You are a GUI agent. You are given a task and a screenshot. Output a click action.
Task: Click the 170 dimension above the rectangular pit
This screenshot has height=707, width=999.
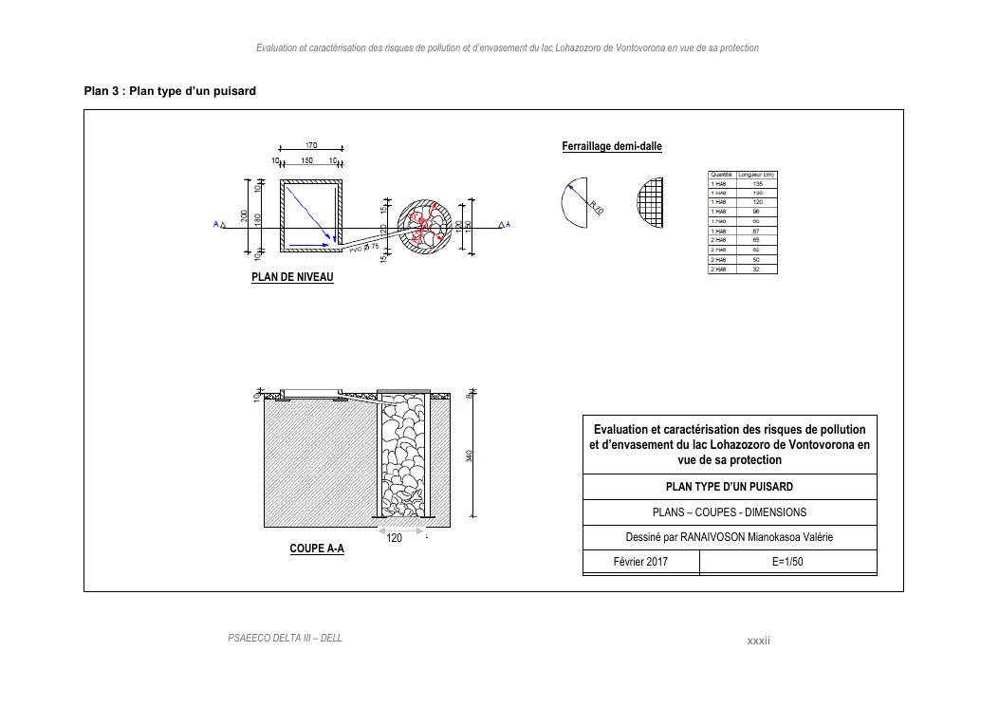coord(311,145)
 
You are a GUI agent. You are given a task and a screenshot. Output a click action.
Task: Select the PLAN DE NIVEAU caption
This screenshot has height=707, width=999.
coord(292,278)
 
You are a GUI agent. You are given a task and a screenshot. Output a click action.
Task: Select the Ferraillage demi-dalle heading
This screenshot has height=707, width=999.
coord(612,146)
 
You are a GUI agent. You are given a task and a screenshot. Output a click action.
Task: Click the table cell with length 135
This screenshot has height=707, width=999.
coord(757,184)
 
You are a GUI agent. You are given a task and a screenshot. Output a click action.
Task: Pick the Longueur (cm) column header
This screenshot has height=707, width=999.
coord(757,175)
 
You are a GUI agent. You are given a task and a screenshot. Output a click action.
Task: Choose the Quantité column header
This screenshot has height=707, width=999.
coord(721,175)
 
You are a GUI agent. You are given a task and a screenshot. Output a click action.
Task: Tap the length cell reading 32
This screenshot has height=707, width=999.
coord(757,270)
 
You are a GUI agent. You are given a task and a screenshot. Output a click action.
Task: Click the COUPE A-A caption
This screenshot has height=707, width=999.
coord(317,549)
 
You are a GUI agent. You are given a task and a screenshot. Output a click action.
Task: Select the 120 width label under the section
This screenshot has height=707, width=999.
coord(395,538)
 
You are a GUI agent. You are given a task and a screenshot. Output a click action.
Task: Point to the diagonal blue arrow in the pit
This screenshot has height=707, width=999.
coord(308,212)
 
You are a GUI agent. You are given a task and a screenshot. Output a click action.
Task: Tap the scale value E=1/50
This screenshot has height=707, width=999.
coord(787,562)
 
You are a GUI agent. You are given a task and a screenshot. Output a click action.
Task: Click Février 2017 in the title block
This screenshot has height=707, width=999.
coord(640,562)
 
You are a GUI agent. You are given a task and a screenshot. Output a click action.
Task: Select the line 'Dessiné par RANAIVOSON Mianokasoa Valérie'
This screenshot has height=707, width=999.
coord(729,537)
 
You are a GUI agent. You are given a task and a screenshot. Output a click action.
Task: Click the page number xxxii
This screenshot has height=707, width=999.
coord(759,642)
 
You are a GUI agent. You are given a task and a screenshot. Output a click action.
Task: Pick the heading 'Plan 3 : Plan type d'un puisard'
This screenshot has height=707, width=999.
coord(170,91)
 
